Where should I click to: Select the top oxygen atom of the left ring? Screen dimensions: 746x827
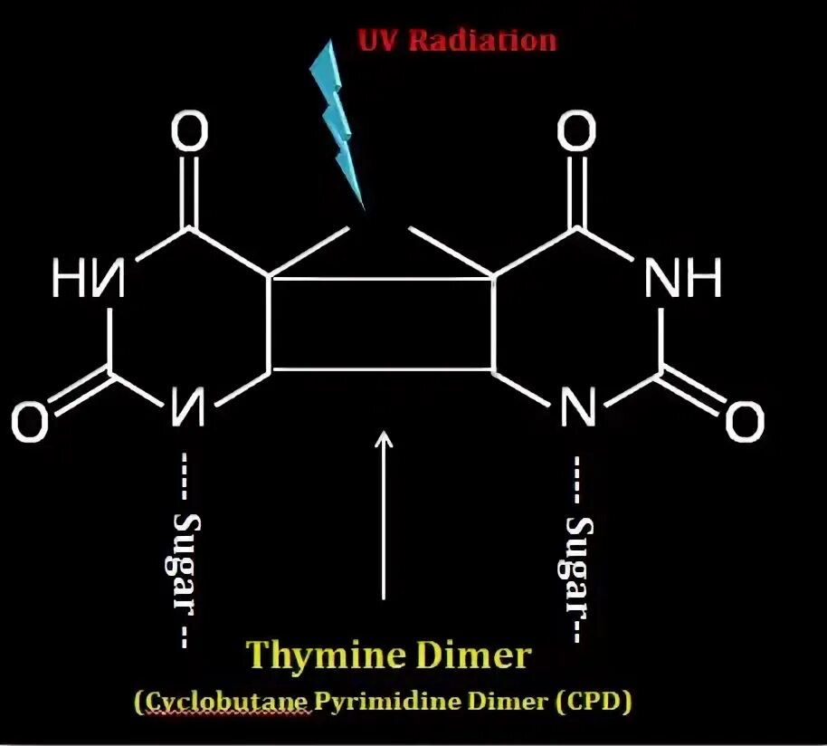pos(189,133)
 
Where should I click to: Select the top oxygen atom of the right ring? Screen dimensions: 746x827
pos(575,133)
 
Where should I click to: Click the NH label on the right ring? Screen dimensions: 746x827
pos(682,280)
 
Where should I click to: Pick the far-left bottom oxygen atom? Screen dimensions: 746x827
pos(30,423)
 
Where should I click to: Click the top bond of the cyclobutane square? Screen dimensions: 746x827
pos(382,280)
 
